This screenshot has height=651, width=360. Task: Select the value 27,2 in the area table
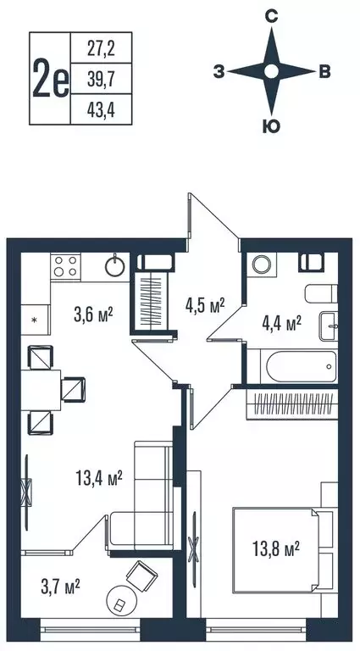(102, 48)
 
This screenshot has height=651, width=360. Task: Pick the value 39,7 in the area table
(102, 78)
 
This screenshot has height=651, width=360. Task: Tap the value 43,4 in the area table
(102, 108)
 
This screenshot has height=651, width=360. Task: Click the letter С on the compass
(272, 16)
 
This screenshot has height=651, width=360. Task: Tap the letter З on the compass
(219, 73)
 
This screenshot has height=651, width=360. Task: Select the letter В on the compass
(324, 73)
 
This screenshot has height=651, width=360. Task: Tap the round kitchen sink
(116, 266)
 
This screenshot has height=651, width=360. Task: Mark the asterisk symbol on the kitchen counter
(35, 320)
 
